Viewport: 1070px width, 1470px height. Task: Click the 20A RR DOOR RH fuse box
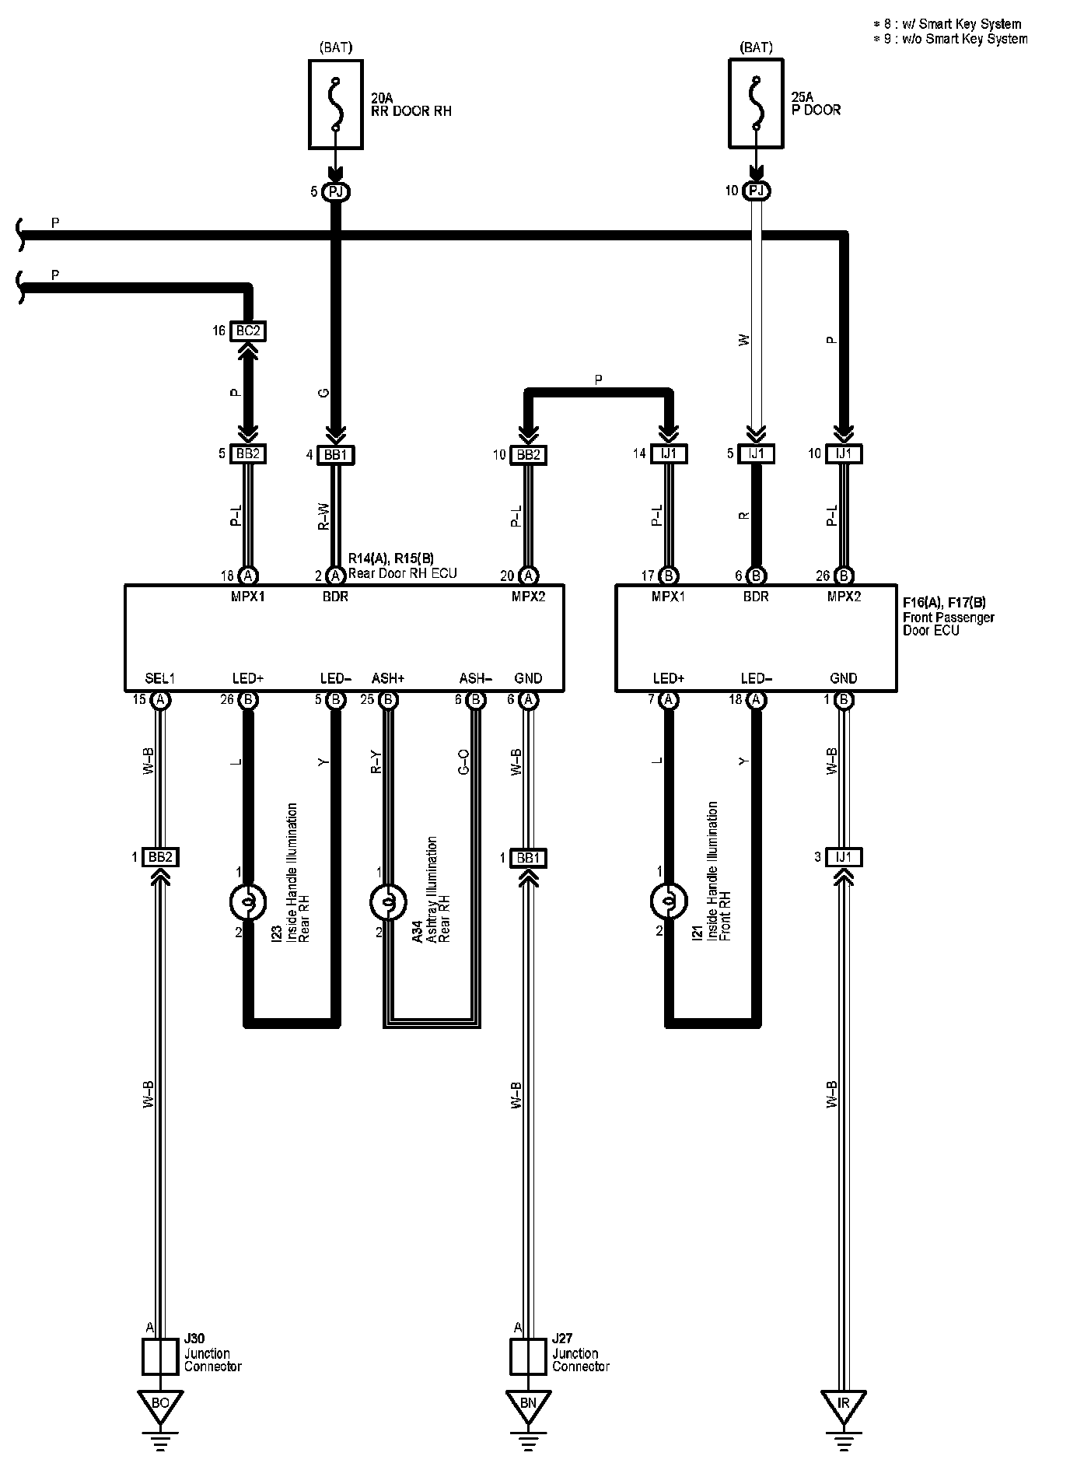[x=336, y=104]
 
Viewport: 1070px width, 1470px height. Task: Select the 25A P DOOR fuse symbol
[x=755, y=103]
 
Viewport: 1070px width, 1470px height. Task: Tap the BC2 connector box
[x=248, y=331]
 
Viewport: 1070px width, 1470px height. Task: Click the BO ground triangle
[x=159, y=1404]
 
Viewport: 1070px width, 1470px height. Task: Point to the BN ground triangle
[x=528, y=1404]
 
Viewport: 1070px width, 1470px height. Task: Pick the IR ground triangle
[x=844, y=1404]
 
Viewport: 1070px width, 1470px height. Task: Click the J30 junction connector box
[x=160, y=1357]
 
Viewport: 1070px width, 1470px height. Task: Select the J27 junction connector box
[x=528, y=1357]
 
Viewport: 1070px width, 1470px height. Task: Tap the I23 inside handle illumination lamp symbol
[x=248, y=901]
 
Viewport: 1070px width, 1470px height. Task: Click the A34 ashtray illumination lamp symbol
[x=388, y=901]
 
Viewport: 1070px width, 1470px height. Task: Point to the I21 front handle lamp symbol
[x=668, y=901]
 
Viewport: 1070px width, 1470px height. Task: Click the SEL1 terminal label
[x=159, y=678]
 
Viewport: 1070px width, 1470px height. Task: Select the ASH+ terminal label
[x=388, y=678]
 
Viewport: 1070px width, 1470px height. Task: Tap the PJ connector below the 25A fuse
[x=755, y=191]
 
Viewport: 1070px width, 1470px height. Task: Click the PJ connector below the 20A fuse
[x=335, y=191]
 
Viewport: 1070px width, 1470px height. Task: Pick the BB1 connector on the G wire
[x=335, y=454]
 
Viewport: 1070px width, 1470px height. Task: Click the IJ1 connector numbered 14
[x=668, y=453]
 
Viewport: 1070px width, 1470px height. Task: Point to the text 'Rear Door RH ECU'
[x=402, y=573]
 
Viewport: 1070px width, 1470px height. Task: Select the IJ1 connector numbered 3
[x=844, y=857]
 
